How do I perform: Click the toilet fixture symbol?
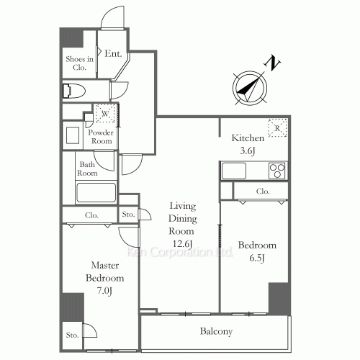coord(74,91)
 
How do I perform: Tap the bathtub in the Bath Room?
coord(96,193)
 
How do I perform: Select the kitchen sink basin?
coord(234,171)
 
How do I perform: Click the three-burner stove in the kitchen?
coord(277,171)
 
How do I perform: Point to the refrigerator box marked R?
coord(277,127)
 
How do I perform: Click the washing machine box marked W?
coord(105,113)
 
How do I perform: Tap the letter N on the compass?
coord(272,63)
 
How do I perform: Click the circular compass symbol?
coord(250,88)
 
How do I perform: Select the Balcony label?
coord(216,331)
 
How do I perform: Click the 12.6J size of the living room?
coord(182,244)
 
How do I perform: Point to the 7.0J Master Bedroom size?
coord(104,291)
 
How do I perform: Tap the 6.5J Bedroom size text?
coord(257,258)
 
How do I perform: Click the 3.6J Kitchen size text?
coord(248,150)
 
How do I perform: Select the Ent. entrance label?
coord(113,53)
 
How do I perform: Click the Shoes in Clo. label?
coord(79,63)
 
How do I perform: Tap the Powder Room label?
coord(101,137)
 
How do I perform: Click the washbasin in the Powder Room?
coord(73,135)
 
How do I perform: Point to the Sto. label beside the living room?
coord(128,214)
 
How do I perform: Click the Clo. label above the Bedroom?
coord(263,192)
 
